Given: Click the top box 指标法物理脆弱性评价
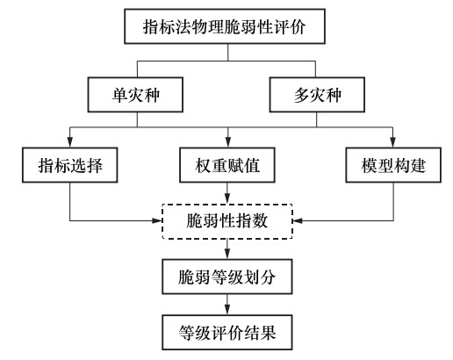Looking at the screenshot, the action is pos(225,26).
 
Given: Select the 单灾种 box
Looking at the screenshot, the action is pos(135,95).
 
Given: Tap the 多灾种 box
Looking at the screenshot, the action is pos(317,95).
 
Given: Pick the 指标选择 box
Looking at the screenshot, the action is pos(70,165).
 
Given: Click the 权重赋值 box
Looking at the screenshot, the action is pos(227,165).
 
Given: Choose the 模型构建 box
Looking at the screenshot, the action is pos(393,165).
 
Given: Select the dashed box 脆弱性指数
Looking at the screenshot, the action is pos(227,221).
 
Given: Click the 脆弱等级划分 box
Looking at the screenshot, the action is pos(227,277).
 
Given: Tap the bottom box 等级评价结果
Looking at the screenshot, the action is pos(227,333).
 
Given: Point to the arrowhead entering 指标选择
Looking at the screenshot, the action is pos(70,142).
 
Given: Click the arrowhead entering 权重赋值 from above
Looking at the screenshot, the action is pos(228,142).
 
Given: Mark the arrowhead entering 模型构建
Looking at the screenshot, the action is pos(393,142).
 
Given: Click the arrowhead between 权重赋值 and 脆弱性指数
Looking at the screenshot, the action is pos(227,198).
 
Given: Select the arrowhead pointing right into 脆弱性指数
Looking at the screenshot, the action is pos(157,220).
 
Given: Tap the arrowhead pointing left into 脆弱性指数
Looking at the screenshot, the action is pos(298,220).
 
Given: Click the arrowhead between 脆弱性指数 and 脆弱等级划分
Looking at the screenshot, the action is pos(227,254).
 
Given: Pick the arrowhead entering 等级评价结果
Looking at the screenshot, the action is pos(227,309).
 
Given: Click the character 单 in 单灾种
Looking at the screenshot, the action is pos(119,95).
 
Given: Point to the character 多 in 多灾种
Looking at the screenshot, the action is pos(301,95).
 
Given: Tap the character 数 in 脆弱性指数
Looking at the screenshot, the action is pos(260,221).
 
